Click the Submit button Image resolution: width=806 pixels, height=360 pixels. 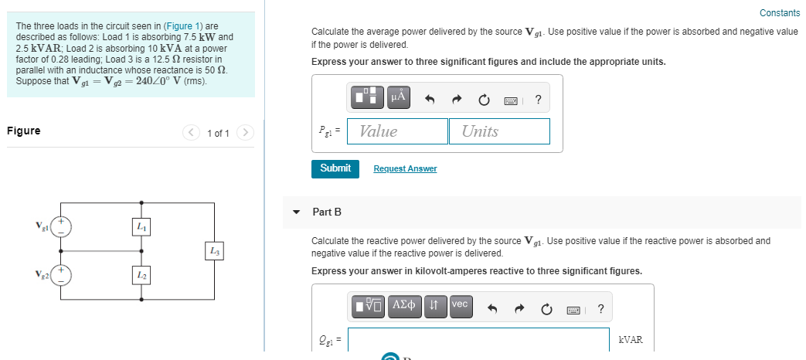pyautogui.click(x=335, y=168)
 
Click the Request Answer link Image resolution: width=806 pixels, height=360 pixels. pyautogui.click(x=405, y=168)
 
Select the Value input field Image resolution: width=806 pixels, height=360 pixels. pyautogui.click(x=398, y=131)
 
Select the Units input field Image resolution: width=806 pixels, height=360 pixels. pyautogui.click(x=499, y=131)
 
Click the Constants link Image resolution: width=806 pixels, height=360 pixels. pyautogui.click(x=780, y=13)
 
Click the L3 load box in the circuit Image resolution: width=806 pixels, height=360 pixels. pyautogui.click(x=215, y=251)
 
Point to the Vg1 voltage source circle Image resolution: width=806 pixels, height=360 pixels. pyautogui.click(x=61, y=226)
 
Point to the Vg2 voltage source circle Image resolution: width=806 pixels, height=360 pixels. pyautogui.click(x=61, y=275)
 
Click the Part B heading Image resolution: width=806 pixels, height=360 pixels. pyautogui.click(x=327, y=212)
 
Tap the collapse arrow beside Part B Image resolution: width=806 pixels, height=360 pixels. pyautogui.click(x=297, y=212)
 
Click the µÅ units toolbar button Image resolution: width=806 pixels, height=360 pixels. pyautogui.click(x=399, y=97)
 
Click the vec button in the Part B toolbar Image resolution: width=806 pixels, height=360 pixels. pyautogui.click(x=459, y=305)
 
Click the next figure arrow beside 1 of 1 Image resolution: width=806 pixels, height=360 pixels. pyautogui.click(x=245, y=133)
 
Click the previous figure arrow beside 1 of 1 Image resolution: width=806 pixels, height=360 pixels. pyautogui.click(x=191, y=133)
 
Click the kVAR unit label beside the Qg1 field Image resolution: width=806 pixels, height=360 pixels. pyautogui.click(x=631, y=340)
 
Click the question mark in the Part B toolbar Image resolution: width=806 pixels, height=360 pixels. pyautogui.click(x=600, y=311)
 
